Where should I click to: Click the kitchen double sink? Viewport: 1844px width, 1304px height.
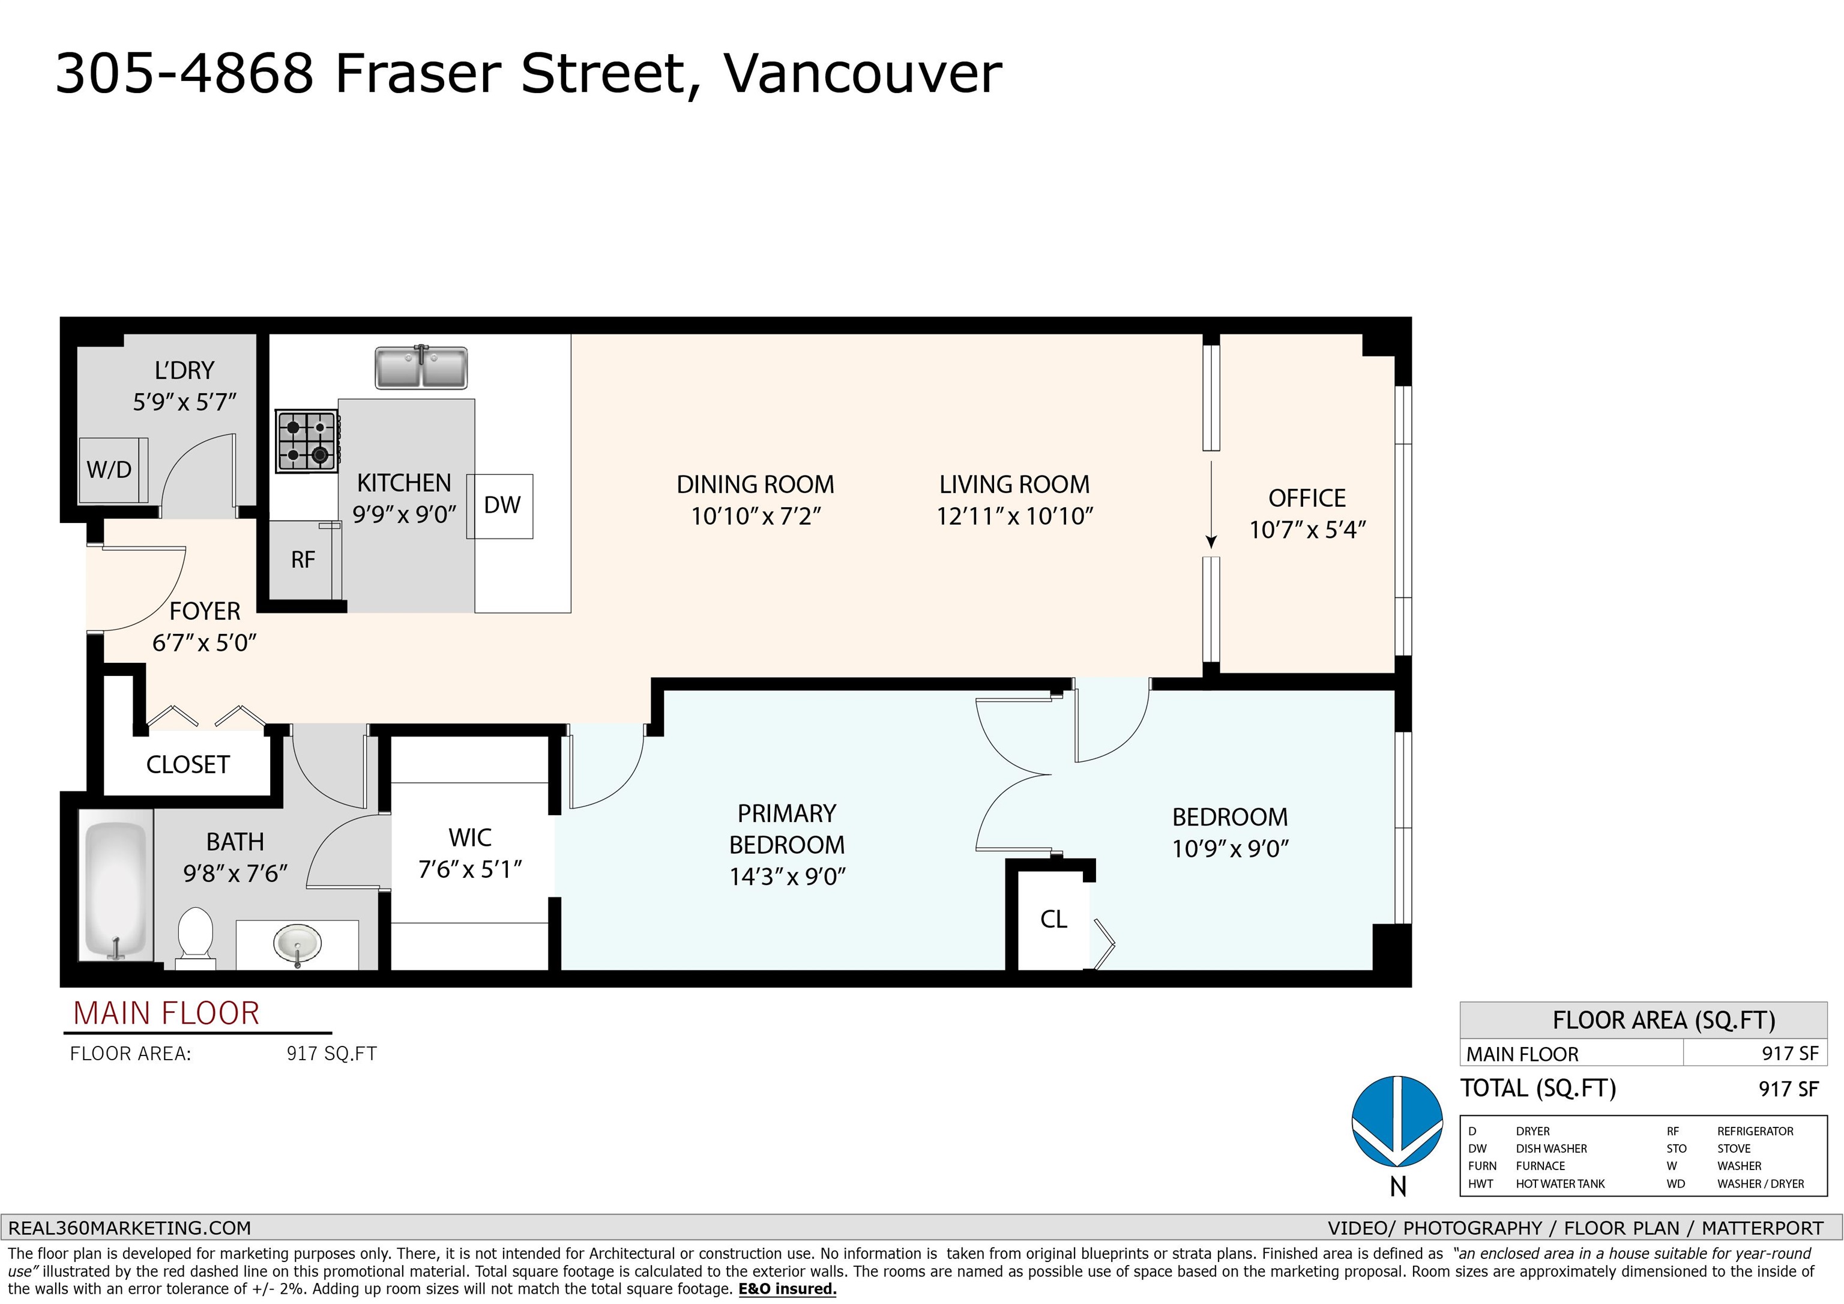[421, 367]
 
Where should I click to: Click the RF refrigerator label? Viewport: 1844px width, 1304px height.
[303, 560]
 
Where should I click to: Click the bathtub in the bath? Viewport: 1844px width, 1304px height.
[116, 890]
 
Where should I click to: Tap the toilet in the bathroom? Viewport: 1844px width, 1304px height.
[194, 935]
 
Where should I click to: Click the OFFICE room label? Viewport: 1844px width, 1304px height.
[1307, 498]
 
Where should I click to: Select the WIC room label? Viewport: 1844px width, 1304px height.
[470, 838]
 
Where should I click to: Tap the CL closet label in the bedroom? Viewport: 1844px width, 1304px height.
[1053, 919]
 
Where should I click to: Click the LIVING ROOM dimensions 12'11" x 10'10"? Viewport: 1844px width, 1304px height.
[1014, 516]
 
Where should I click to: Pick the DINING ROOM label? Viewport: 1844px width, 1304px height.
[755, 484]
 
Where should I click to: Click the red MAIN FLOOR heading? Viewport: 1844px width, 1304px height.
[166, 1014]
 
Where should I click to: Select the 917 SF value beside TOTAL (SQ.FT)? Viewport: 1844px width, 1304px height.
[1789, 1090]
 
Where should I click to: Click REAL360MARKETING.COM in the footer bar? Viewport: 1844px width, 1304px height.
[129, 1228]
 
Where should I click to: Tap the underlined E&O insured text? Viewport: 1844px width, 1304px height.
[787, 1290]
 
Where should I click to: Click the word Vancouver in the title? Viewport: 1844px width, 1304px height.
[863, 74]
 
